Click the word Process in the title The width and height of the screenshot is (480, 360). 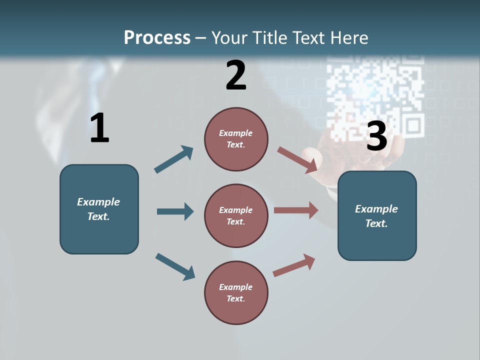pyautogui.click(x=157, y=38)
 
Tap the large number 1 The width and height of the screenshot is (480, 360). pyautogui.click(x=99, y=128)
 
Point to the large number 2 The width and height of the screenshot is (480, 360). pyautogui.click(x=236, y=75)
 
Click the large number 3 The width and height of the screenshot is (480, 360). pyautogui.click(x=376, y=136)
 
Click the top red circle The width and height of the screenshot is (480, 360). pyautogui.click(x=236, y=139)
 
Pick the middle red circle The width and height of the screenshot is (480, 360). pyautogui.click(x=236, y=215)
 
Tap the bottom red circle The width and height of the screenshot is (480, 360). pyautogui.click(x=236, y=292)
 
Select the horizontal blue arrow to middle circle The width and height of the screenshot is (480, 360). pyautogui.click(x=175, y=211)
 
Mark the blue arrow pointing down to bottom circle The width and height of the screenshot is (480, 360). pyautogui.click(x=175, y=266)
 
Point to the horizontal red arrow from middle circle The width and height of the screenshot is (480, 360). pyautogui.click(x=296, y=210)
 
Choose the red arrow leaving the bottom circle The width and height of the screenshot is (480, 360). pyautogui.click(x=294, y=265)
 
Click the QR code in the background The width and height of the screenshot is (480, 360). pyautogui.click(x=375, y=95)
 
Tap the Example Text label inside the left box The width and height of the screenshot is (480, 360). pyautogui.click(x=98, y=209)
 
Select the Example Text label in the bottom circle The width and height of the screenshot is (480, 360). pyautogui.click(x=235, y=292)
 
